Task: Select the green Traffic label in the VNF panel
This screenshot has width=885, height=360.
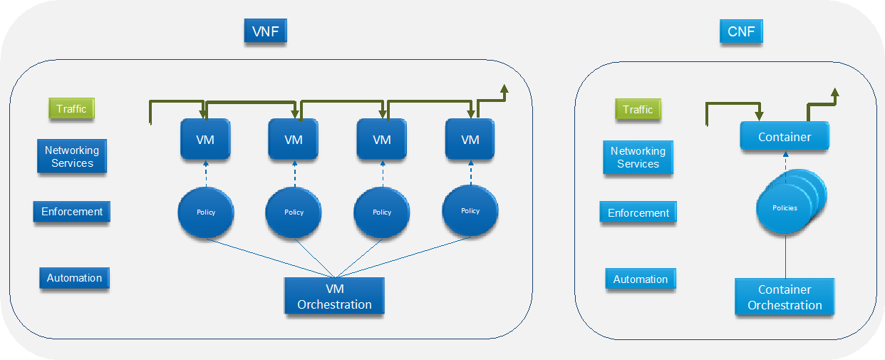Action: tap(71, 109)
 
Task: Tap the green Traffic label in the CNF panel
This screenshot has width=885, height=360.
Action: tap(638, 109)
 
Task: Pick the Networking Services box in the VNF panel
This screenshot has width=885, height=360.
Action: tap(72, 157)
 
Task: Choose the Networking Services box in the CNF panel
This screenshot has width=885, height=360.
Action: tap(638, 158)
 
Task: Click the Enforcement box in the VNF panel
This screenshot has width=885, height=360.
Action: tap(72, 212)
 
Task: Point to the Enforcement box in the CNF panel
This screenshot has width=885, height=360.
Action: tap(638, 212)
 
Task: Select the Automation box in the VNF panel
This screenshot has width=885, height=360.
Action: tap(74, 278)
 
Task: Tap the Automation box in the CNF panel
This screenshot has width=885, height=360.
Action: tap(641, 279)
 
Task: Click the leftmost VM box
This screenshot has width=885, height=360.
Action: tap(205, 139)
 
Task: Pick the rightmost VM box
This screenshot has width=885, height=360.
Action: tap(470, 139)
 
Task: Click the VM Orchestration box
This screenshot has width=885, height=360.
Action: tap(334, 296)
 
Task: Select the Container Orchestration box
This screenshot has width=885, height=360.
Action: tap(785, 297)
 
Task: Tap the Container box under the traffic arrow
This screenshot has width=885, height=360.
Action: tap(785, 136)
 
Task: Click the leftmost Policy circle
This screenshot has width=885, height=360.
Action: tap(206, 212)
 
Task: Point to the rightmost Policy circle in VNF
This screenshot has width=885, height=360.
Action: tap(470, 211)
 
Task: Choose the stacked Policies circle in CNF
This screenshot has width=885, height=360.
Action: tap(785, 208)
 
